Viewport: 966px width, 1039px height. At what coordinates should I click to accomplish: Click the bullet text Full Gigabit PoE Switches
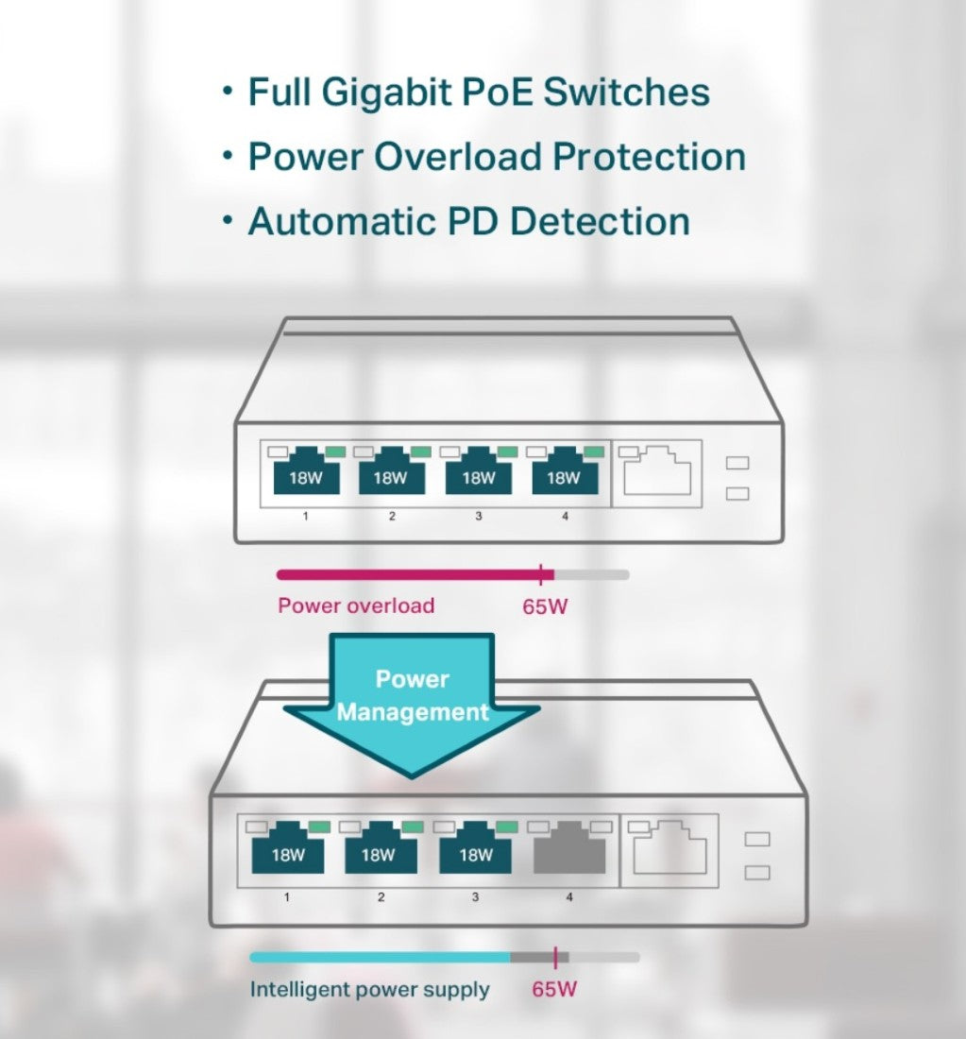478,93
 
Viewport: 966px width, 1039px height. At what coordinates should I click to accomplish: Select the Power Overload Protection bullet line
496,157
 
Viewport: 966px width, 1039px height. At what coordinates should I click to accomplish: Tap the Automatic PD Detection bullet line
468,221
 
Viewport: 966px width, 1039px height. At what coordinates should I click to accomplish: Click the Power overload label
356,605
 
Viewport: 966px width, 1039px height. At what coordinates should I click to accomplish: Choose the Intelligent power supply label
369,990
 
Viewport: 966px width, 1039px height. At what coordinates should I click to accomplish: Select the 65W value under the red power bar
545,606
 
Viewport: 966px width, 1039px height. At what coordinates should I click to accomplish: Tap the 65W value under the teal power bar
554,990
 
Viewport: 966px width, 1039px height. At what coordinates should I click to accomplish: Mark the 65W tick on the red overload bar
540,573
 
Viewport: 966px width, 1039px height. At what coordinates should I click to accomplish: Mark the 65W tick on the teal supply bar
555,957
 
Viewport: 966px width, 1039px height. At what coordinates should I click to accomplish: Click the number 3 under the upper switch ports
478,516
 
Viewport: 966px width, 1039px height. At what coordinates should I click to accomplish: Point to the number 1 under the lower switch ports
287,896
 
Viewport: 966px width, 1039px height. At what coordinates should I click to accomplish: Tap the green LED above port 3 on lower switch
507,826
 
